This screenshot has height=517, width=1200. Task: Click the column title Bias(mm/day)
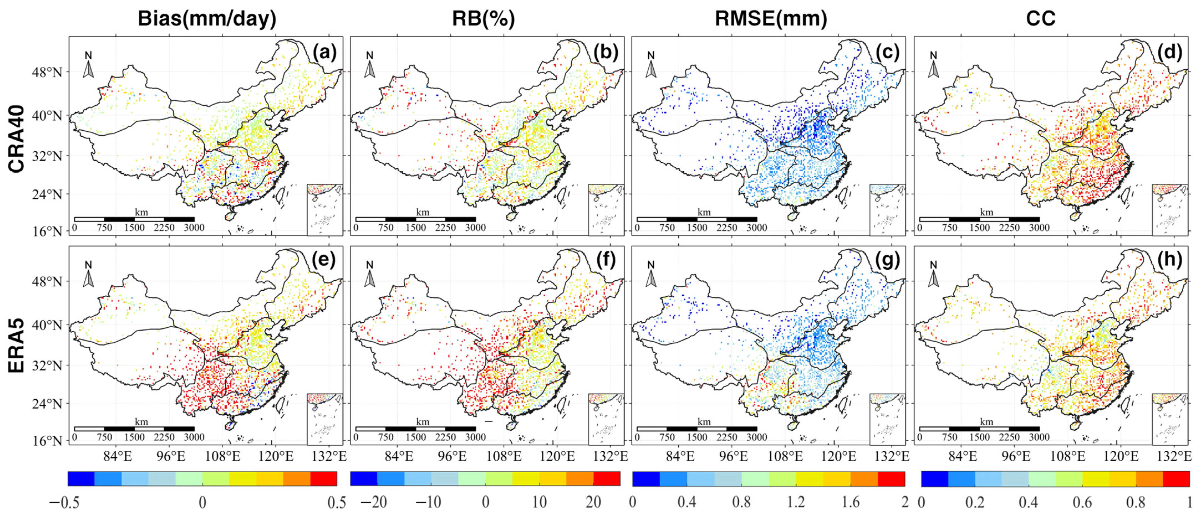click(x=207, y=19)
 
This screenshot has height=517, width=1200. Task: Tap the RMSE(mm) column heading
click(x=771, y=19)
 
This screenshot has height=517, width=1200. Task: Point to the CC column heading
click(x=1040, y=19)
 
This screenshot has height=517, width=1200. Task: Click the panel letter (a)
click(x=324, y=52)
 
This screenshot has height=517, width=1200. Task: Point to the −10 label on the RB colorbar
click(x=428, y=503)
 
